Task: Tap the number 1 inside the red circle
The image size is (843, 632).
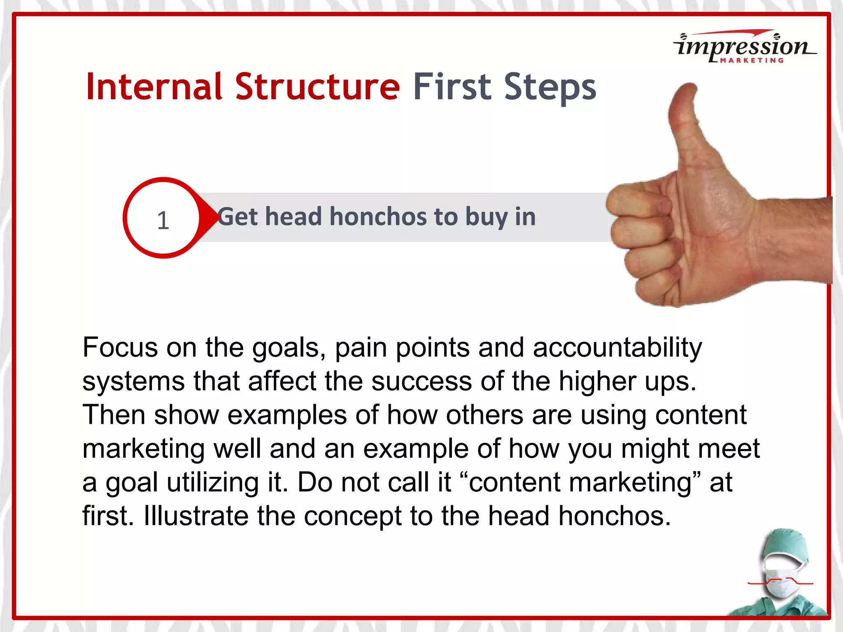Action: (x=163, y=221)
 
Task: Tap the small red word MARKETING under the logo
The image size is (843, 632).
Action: (x=752, y=60)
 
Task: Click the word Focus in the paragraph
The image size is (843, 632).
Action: (x=120, y=348)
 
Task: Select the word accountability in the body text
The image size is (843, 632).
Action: (x=617, y=348)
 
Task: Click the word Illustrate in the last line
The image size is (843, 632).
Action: (x=196, y=516)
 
